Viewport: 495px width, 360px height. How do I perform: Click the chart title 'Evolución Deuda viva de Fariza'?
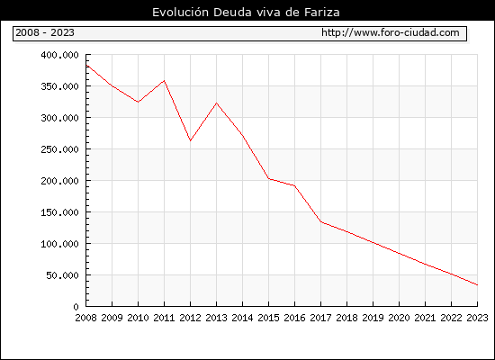pos(246,13)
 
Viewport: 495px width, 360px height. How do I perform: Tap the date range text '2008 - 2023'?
pos(45,32)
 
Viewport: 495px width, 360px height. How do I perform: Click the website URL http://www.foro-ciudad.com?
pos(391,32)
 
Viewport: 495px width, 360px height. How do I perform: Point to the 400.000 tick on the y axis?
pos(59,55)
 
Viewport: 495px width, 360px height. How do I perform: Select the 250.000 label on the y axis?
pos(59,149)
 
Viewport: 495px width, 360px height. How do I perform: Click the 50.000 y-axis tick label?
pos(62,275)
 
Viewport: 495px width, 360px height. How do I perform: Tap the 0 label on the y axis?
pos(76,307)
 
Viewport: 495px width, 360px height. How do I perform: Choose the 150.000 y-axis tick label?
pos(59,212)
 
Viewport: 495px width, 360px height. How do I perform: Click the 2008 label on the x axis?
pos(85,318)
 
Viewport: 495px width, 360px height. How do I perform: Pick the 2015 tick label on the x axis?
pos(269,318)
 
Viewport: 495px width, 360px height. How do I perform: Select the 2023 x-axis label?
pos(477,318)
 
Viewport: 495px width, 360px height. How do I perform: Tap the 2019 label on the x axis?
pos(373,318)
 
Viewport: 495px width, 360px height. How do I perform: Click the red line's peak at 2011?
pos(164,81)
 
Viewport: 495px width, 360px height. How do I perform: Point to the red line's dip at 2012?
pos(191,140)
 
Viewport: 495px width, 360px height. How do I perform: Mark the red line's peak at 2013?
pos(217,103)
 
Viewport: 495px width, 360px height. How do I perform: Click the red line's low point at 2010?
pos(138,102)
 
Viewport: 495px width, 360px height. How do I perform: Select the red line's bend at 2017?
pos(320,221)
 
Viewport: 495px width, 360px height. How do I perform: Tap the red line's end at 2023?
pos(477,284)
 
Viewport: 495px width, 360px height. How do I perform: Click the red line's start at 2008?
pos(86,65)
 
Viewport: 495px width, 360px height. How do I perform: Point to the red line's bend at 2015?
pos(269,179)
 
